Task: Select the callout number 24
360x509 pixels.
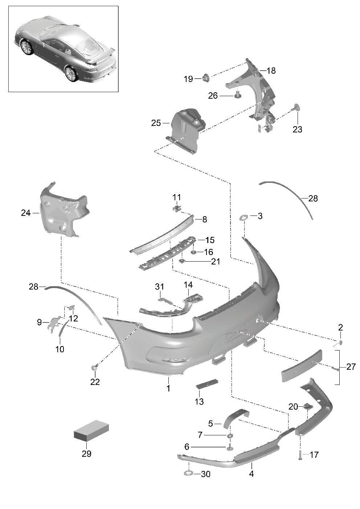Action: click(26, 213)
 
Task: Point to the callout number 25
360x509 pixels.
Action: click(156, 123)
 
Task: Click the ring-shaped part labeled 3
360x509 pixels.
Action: click(244, 217)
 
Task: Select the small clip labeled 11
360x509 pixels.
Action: click(177, 208)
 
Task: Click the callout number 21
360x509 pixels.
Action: click(216, 262)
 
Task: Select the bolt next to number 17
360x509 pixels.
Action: click(300, 456)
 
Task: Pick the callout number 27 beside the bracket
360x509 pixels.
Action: click(351, 367)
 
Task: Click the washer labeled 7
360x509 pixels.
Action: click(230, 435)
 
